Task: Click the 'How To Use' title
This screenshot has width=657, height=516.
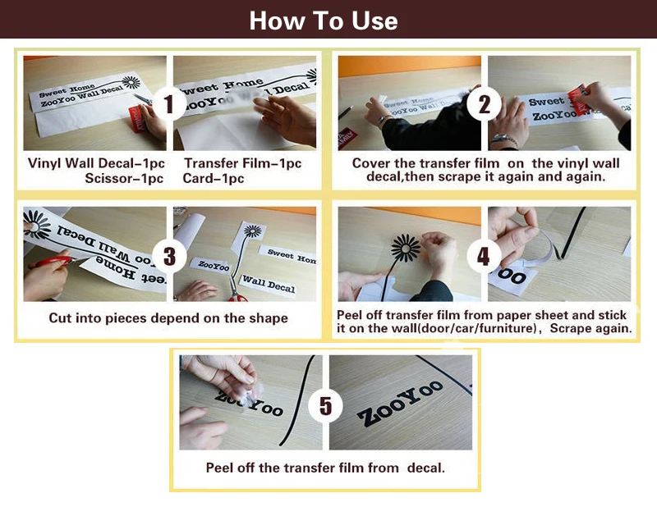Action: point(324,21)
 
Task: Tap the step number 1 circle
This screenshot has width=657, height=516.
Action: point(169,104)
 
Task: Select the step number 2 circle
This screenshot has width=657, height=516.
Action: point(484,104)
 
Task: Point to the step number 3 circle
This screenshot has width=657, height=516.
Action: point(169,256)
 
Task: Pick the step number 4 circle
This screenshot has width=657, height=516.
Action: point(484,256)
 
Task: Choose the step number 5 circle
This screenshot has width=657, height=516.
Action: point(325,405)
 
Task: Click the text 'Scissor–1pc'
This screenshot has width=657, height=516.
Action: point(124,179)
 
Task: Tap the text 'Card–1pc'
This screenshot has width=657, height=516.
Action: point(214,179)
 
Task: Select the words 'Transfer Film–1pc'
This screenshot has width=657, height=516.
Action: point(242,163)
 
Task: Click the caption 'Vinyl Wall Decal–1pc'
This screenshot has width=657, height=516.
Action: point(96,163)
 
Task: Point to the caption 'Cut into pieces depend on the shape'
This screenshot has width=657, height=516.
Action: point(168,318)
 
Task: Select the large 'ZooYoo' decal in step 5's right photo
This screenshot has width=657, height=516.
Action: point(400,404)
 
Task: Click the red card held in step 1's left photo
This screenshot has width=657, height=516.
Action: point(136,119)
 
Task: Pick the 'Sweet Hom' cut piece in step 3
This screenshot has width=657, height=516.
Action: point(289,256)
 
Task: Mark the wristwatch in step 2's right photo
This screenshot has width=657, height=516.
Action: point(504,139)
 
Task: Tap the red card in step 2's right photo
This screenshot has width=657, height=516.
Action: point(578,98)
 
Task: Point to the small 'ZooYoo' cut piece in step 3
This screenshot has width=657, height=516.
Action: point(212,265)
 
